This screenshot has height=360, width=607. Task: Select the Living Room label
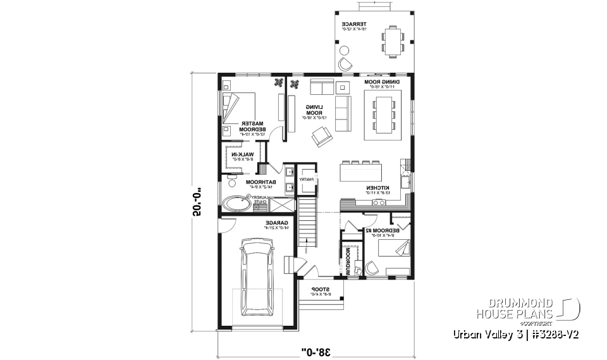pyautogui.click(x=313, y=111)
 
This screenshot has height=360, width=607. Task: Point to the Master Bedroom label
pyautogui.click(x=254, y=127)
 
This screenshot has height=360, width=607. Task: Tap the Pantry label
pyautogui.click(x=307, y=180)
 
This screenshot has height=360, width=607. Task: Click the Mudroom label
pyautogui.click(x=348, y=260)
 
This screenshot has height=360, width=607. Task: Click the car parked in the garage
pyautogui.click(x=256, y=276)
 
